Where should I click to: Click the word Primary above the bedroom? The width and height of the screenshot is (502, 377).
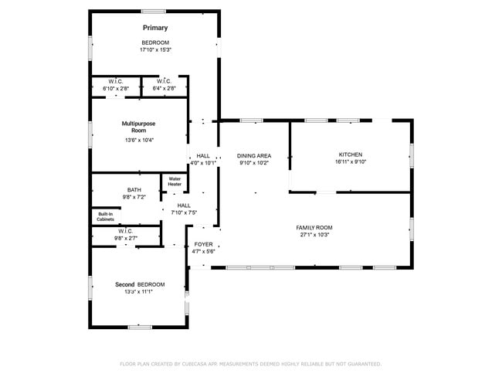pyautogui.click(x=155, y=28)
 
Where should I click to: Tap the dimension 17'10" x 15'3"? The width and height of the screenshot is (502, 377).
pyautogui.click(x=155, y=49)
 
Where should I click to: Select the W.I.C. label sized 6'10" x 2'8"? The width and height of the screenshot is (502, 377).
pyautogui.click(x=116, y=81)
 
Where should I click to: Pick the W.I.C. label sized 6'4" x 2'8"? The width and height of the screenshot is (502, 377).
pyautogui.click(x=164, y=81)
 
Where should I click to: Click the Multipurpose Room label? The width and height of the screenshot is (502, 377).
pyautogui.click(x=134, y=127)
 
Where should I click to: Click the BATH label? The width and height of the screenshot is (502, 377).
pyautogui.click(x=134, y=190)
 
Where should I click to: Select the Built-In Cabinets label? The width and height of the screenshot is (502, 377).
pyautogui.click(x=106, y=217)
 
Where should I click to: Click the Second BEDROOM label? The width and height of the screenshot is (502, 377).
pyautogui.click(x=140, y=284)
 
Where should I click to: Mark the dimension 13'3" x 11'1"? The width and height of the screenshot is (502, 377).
pyautogui.click(x=140, y=292)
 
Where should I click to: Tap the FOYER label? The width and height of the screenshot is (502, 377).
pyautogui.click(x=203, y=244)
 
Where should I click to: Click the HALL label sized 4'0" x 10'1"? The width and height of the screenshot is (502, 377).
pyautogui.click(x=203, y=156)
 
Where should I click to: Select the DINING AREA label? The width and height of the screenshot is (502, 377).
pyautogui.click(x=254, y=156)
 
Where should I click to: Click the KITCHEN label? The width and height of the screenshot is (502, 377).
pyautogui.click(x=350, y=155)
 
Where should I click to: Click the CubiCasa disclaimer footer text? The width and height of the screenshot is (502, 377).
pyautogui.click(x=250, y=363)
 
